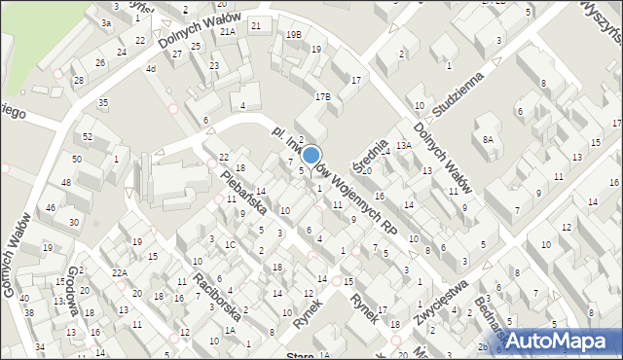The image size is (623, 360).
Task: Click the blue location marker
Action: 311,154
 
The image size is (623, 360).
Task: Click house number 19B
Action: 293,35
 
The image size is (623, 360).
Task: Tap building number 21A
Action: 228,31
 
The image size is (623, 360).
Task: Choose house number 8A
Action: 488,140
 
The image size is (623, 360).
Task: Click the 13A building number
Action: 403,146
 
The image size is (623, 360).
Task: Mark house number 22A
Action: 119,273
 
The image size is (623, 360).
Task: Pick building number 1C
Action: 230,244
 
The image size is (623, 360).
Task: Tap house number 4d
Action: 150,69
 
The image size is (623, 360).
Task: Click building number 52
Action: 88,136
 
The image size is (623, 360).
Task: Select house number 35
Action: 102,102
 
